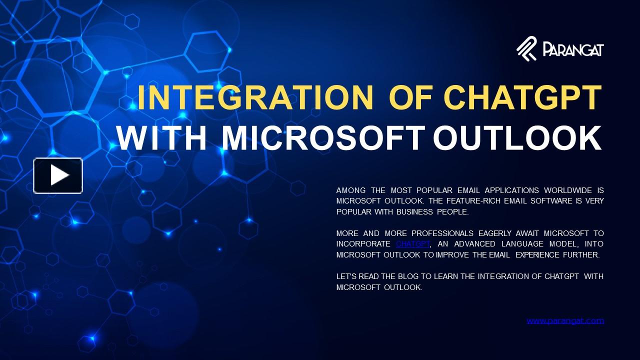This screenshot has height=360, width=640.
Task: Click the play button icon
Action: click(58, 175)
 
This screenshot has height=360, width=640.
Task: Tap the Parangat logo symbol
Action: click(526, 49)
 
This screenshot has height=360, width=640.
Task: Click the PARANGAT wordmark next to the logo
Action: click(573, 50)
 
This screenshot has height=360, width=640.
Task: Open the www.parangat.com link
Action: click(565, 320)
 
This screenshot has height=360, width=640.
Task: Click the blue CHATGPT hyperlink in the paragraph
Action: click(412, 244)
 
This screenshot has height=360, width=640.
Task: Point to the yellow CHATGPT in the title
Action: click(522, 98)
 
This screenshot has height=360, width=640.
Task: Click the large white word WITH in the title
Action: click(161, 138)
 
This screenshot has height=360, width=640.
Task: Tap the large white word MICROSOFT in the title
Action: click(323, 138)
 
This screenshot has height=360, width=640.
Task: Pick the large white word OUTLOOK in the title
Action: click(517, 138)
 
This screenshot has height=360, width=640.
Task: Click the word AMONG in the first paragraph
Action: click(351, 190)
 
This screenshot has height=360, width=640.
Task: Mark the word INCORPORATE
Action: click(363, 244)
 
